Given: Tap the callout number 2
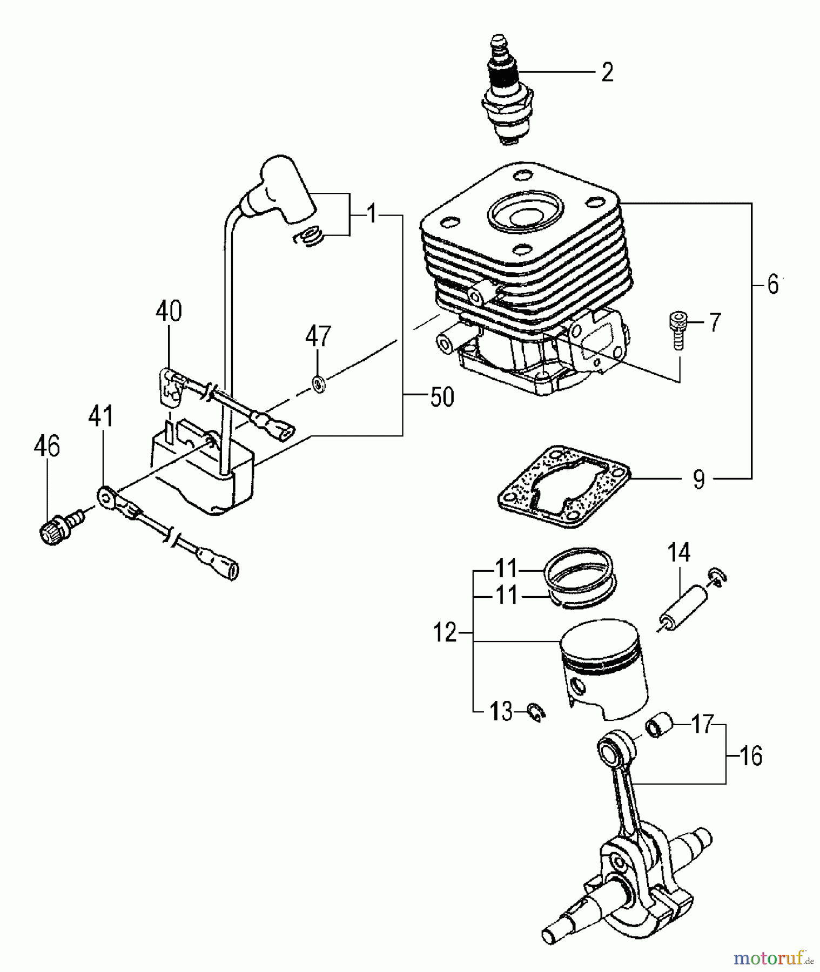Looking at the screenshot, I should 607,72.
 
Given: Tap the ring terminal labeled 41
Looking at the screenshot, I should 105,494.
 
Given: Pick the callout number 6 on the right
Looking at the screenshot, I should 772,285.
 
